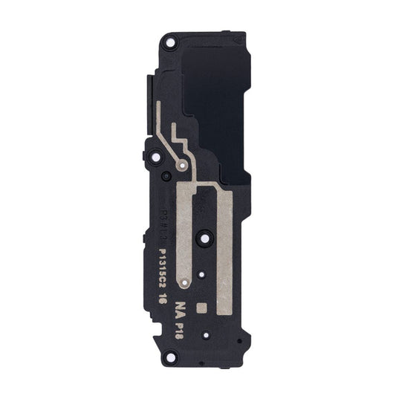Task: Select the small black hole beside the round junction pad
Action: [166, 175]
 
